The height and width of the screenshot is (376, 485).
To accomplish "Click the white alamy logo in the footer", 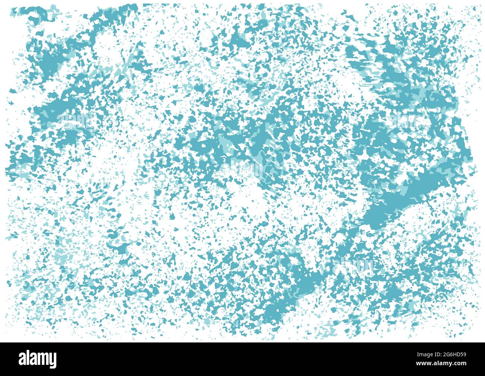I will [x=38, y=358].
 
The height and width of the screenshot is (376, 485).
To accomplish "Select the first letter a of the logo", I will [x=23, y=359].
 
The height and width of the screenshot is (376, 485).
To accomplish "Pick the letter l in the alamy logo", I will [x=28, y=358].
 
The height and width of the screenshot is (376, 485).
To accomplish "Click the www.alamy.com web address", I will [x=440, y=364].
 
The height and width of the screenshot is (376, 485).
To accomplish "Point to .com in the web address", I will [x=460, y=364].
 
